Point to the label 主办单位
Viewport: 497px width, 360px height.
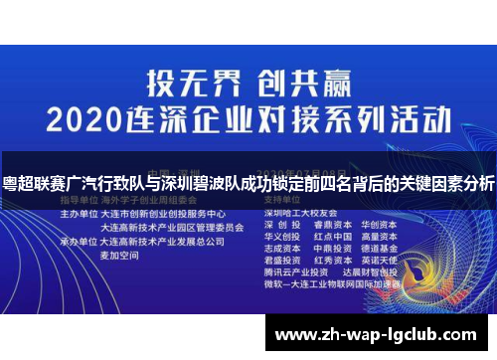click(81, 214)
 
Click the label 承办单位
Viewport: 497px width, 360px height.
click(81, 241)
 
